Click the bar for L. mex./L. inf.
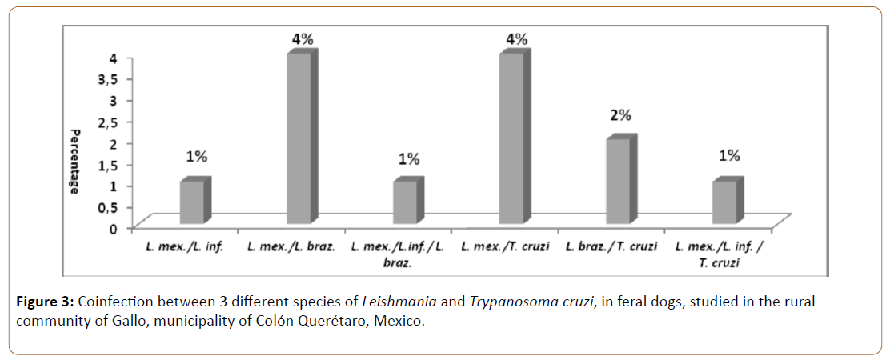point(192,202)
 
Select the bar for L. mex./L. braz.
point(299,138)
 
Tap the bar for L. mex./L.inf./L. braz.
point(405,202)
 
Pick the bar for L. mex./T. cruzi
point(512,138)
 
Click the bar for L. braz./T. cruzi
point(619,181)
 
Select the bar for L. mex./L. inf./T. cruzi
point(725,202)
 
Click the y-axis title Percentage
point(74,162)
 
